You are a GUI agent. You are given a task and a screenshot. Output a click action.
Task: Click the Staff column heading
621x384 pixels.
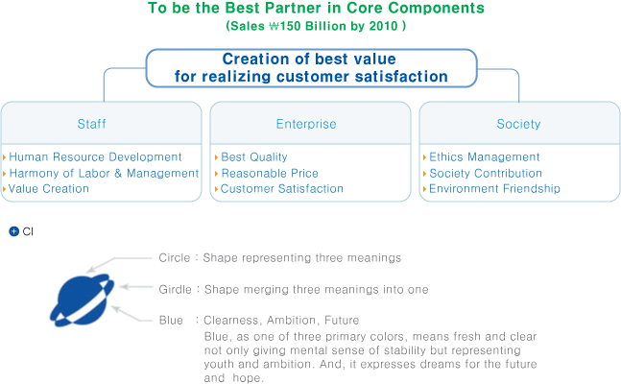click(91, 124)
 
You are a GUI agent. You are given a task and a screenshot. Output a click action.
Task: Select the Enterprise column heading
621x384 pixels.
click(306, 124)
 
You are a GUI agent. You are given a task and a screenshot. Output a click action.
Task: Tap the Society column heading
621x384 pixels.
click(518, 124)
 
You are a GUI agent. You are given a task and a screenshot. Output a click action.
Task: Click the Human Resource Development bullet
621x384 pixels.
click(95, 156)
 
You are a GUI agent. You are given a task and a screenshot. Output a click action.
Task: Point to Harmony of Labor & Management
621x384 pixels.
click(104, 173)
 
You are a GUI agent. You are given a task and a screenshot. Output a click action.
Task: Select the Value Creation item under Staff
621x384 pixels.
click(49, 188)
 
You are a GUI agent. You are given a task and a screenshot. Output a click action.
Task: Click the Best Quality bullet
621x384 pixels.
click(254, 156)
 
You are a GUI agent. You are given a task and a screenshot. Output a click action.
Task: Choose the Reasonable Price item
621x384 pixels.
click(270, 173)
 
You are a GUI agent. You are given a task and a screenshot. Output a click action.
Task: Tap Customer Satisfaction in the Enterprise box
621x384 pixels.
click(282, 188)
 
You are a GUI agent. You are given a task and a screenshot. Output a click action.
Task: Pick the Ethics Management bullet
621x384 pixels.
click(485, 156)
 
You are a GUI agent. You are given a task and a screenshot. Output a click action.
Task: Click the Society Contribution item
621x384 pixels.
click(486, 173)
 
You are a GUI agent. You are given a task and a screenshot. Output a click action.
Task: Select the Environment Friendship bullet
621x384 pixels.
click(494, 188)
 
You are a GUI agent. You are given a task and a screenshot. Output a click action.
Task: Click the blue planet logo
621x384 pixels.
click(82, 300)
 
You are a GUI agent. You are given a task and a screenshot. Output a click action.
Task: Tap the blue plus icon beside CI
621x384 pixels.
click(13, 231)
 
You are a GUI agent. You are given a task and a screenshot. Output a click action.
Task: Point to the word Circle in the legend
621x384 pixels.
click(175, 258)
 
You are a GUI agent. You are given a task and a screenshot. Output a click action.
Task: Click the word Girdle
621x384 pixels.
click(175, 289)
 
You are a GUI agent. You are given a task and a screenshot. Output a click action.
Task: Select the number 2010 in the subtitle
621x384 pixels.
click(383, 26)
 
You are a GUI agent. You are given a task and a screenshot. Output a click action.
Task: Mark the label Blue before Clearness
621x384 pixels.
click(171, 320)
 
